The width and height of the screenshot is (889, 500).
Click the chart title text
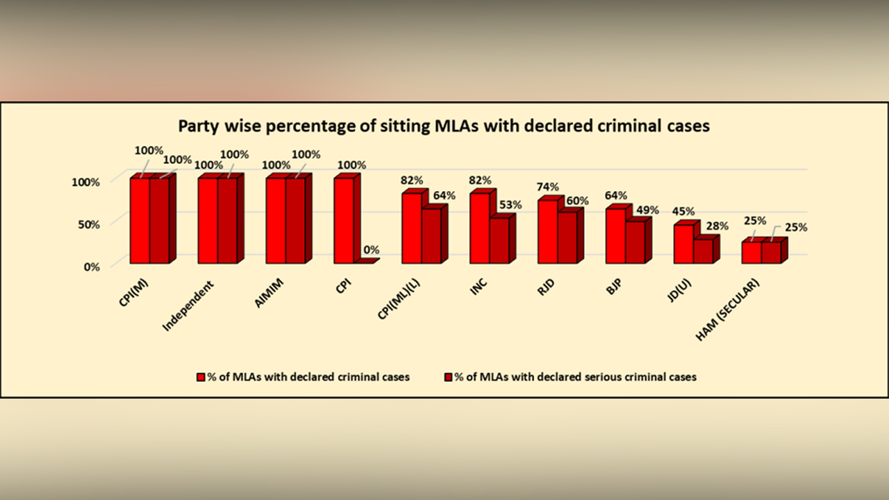[x=444, y=126]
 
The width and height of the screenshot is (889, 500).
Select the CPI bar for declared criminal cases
[x=344, y=221]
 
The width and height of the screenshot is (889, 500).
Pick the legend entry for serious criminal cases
[x=570, y=377]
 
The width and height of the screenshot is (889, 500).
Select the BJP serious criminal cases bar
[x=635, y=242]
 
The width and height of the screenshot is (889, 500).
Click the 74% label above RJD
[x=548, y=187]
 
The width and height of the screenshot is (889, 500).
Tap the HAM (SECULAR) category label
[x=727, y=310]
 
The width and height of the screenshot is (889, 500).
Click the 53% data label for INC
[x=511, y=205]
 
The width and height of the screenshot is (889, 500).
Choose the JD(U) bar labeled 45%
[x=683, y=244]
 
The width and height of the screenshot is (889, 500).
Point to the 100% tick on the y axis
[x=87, y=182]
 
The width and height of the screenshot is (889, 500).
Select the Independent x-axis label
[x=188, y=306]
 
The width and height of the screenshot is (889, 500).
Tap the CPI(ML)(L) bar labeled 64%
[x=431, y=236]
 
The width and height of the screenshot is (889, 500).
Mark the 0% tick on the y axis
[x=92, y=267]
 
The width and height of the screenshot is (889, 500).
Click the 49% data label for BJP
[x=647, y=210]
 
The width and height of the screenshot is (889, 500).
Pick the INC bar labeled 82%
[x=479, y=228]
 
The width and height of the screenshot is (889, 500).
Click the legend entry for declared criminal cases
[x=304, y=377]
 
